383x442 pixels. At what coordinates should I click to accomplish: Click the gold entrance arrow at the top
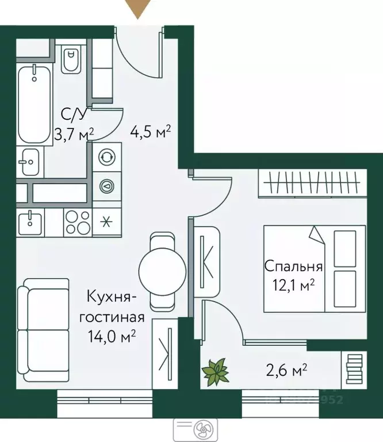pos(138,8)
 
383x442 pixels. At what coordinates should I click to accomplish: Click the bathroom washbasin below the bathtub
pos(28,162)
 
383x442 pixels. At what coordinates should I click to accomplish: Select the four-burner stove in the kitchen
pos(76,222)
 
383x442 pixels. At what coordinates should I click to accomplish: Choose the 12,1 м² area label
pos(293,285)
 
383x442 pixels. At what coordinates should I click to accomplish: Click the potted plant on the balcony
pos(215,371)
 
